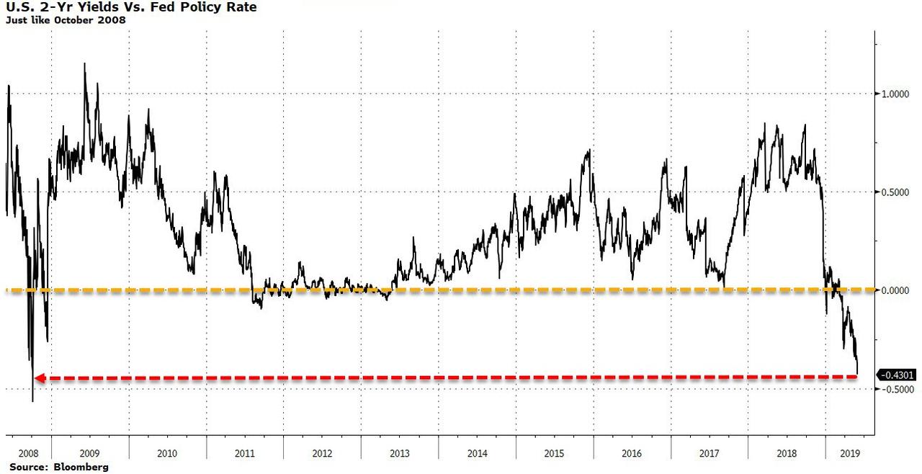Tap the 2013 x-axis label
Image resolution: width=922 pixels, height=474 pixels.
400,454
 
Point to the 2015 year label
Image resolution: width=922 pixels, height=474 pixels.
555,454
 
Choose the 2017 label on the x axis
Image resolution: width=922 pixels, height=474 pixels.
710,454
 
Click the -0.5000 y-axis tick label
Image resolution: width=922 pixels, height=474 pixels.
892,389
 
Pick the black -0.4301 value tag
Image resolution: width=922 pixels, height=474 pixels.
898,375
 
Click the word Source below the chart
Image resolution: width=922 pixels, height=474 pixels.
25,468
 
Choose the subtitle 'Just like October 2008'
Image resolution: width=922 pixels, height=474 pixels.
66,20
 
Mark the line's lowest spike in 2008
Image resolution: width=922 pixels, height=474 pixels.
32,401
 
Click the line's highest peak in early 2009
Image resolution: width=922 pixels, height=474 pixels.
85,63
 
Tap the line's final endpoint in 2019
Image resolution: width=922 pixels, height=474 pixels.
858,374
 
